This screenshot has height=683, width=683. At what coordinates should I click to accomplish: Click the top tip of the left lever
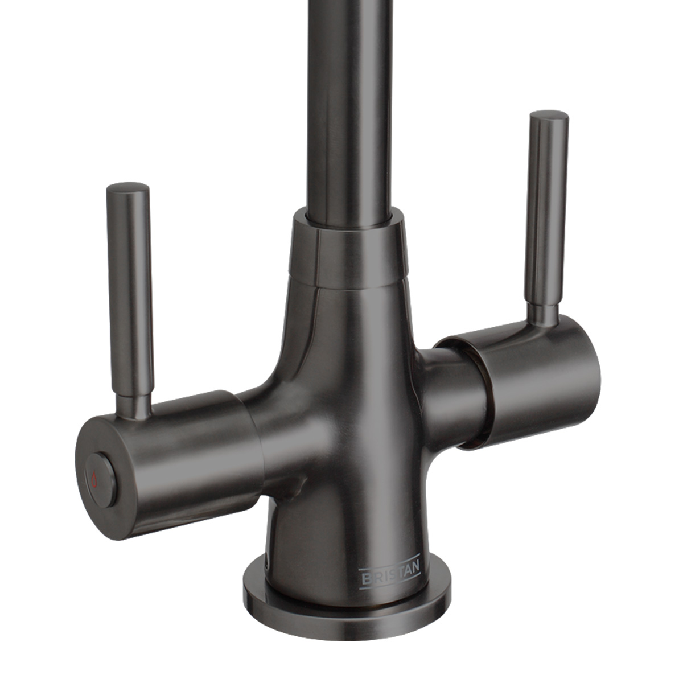128,187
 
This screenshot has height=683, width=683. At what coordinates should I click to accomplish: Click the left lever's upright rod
129,285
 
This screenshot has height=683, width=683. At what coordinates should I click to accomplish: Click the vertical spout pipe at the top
351,102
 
